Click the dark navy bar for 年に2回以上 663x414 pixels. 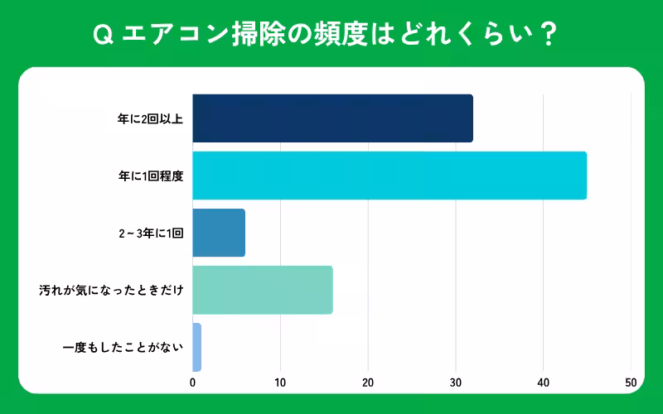[x=332, y=118]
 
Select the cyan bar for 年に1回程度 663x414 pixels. [x=390, y=176]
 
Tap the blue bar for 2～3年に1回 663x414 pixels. [x=219, y=233]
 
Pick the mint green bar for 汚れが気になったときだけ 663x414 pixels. [x=263, y=290]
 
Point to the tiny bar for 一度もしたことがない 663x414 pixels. [x=196, y=347]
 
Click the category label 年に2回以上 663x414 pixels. [x=150, y=118]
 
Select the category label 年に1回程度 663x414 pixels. [x=150, y=176]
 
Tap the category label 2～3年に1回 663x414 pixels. [x=151, y=233]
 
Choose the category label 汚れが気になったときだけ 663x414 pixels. [x=111, y=290]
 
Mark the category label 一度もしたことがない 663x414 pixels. [x=122, y=347]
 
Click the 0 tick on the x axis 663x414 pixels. [x=193, y=383]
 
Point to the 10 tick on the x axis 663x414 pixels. [x=280, y=383]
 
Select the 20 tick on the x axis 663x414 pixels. [x=368, y=383]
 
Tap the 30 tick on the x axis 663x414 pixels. [x=456, y=383]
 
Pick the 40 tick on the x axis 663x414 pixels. [x=544, y=383]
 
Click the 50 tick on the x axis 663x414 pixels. [x=631, y=383]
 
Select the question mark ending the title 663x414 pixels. [x=549, y=35]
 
